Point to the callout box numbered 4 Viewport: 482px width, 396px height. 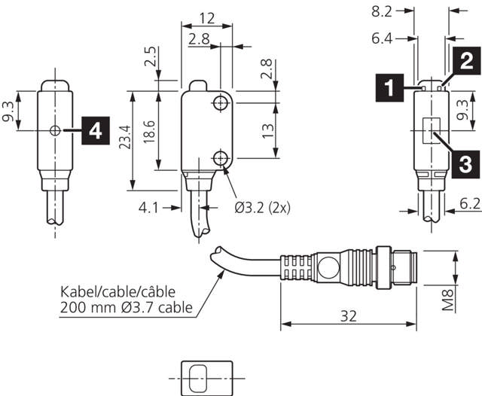coord(93,131)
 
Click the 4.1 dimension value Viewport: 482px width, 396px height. coord(148,207)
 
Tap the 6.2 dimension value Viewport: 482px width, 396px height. coord(468,203)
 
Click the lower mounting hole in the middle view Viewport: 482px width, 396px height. coord(221,157)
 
